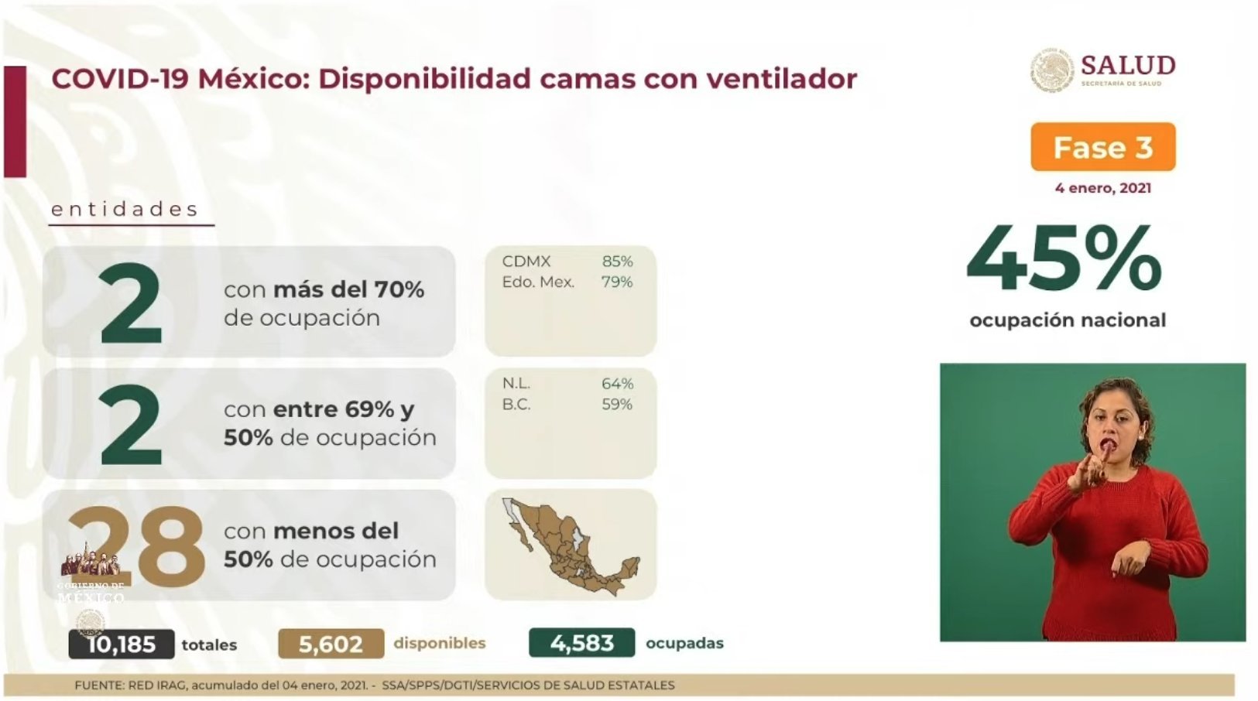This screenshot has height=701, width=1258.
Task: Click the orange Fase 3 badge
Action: [x=1103, y=147]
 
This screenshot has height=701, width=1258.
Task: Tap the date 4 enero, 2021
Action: [x=1103, y=188]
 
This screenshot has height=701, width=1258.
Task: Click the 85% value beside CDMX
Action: [x=617, y=262]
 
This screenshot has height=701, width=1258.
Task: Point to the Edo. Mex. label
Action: [x=538, y=282]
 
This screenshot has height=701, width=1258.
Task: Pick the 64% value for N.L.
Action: [x=617, y=384]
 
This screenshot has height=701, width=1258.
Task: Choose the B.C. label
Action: [x=516, y=404]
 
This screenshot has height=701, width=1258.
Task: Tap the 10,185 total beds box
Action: [x=122, y=644]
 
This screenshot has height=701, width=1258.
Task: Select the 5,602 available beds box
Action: [x=331, y=644]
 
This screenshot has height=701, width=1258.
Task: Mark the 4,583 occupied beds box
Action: [x=582, y=643]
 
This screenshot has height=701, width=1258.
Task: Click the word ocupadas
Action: [x=684, y=644]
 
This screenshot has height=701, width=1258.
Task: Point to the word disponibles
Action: [x=440, y=643]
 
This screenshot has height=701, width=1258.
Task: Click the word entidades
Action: [x=125, y=210]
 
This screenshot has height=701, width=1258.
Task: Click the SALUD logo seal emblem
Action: [x=1052, y=70]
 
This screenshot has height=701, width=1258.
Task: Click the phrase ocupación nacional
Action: [x=1068, y=320]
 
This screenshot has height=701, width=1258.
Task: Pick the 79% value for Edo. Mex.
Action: [x=617, y=282]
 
